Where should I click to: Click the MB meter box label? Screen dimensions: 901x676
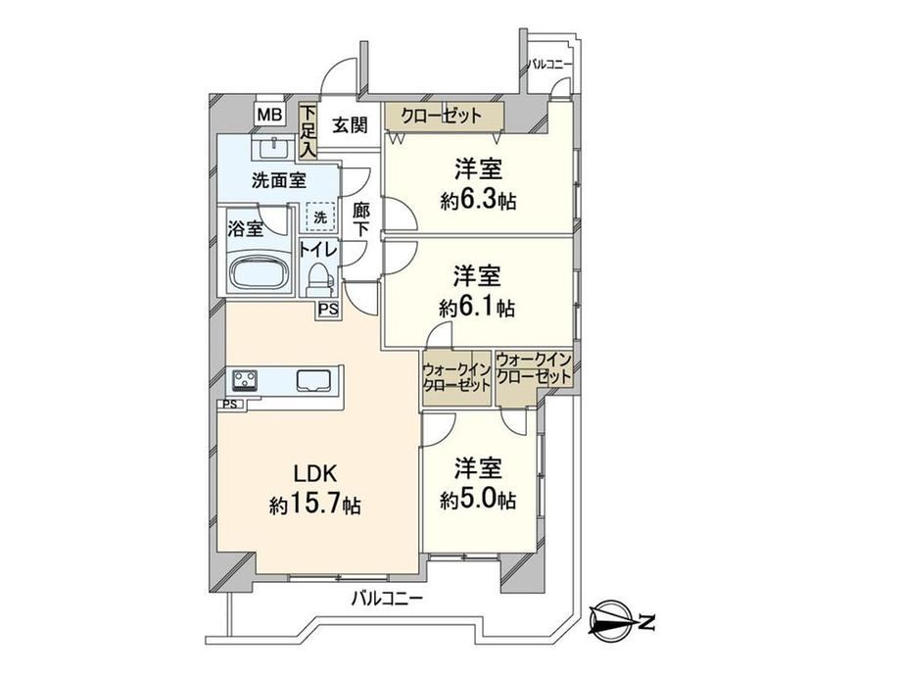(x=269, y=115)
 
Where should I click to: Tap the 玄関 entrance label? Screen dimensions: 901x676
(x=350, y=124)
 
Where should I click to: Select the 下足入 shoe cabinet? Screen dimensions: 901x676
(x=308, y=131)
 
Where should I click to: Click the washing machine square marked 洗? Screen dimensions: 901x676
(x=320, y=217)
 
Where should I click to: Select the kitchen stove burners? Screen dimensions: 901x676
(x=245, y=380)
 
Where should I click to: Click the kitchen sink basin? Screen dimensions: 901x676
(x=313, y=381)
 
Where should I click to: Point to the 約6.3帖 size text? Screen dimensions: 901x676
(x=478, y=201)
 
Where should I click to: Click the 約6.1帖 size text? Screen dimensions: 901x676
(x=477, y=308)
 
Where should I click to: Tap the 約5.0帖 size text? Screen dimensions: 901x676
(x=478, y=500)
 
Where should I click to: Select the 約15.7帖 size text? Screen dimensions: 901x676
(x=315, y=505)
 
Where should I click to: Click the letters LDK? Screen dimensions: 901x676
(x=314, y=473)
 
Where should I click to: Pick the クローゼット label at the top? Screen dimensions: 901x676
(x=441, y=117)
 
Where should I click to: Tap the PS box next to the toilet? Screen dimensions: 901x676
(x=328, y=310)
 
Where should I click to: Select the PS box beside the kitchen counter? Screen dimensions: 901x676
(x=230, y=404)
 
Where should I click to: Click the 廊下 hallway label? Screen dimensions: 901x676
(x=360, y=219)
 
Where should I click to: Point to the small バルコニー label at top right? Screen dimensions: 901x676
(x=550, y=64)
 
